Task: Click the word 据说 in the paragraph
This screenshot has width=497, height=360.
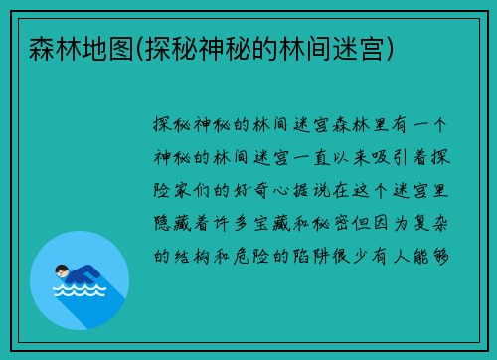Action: [x=336, y=190]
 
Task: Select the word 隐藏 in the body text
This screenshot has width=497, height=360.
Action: [x=169, y=223]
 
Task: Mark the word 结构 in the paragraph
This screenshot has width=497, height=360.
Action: [x=193, y=255]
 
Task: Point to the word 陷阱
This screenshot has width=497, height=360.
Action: [x=312, y=255]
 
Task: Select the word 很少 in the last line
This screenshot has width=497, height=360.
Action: [x=360, y=255]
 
